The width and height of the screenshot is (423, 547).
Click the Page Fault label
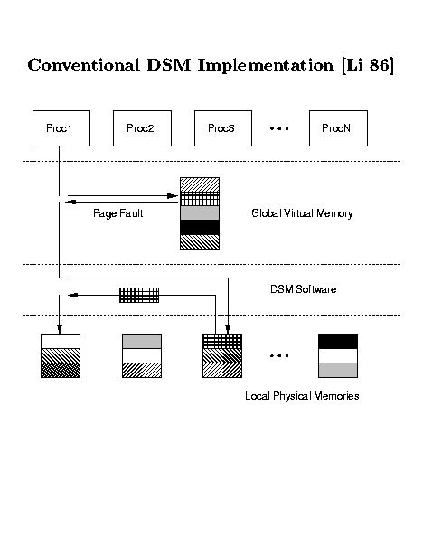pyautogui.click(x=118, y=213)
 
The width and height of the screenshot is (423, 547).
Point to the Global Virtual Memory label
pyautogui.click(x=302, y=213)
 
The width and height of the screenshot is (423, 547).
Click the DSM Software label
pyautogui.click(x=304, y=289)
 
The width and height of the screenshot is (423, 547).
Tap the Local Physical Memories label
pyautogui.click(x=302, y=396)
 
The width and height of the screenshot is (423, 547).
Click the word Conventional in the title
pyautogui.click(x=83, y=65)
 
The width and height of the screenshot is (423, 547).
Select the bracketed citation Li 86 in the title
pyautogui.click(x=368, y=65)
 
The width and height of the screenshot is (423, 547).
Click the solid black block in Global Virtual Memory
pyautogui.click(x=200, y=227)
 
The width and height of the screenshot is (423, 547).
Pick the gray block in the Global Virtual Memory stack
pyautogui.click(x=200, y=212)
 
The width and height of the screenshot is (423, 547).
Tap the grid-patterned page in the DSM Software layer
pyautogui.click(x=139, y=295)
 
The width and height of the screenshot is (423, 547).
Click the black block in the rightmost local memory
pyautogui.click(x=338, y=342)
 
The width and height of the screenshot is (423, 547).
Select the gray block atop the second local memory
pyautogui.click(x=142, y=342)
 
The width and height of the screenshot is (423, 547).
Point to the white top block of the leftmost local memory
pyautogui.click(x=61, y=342)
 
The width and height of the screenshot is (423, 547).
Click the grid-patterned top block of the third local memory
pyautogui.click(x=222, y=342)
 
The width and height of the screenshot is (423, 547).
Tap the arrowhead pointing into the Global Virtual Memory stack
pyautogui.click(x=173, y=196)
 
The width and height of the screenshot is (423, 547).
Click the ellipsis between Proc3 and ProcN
pyautogui.click(x=279, y=128)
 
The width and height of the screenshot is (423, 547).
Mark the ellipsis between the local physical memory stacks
pyautogui.click(x=279, y=356)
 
